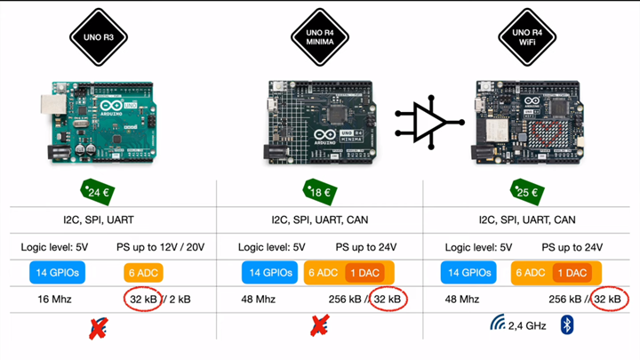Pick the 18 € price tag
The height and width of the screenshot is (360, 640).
(x=318, y=191)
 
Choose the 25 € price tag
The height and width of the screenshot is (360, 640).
(x=531, y=191)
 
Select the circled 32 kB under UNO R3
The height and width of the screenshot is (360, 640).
(x=143, y=300)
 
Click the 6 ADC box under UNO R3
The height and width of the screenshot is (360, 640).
(x=143, y=273)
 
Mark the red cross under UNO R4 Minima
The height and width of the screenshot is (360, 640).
(x=320, y=325)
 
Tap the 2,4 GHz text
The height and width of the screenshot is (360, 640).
(x=527, y=326)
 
